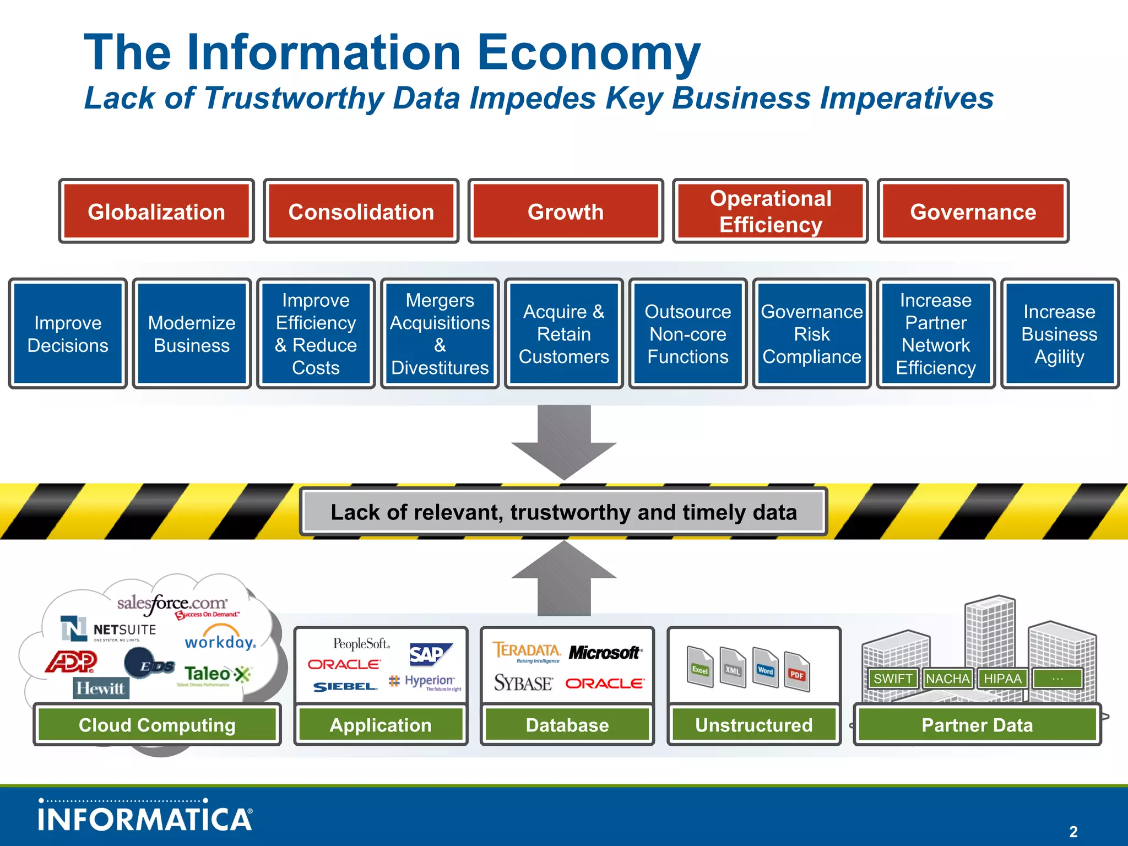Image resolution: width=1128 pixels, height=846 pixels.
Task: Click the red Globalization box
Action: click(156, 211)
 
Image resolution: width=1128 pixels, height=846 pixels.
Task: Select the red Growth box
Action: click(566, 211)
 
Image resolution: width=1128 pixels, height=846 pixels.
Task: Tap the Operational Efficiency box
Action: click(770, 211)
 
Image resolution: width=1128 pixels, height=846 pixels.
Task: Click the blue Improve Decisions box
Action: click(68, 334)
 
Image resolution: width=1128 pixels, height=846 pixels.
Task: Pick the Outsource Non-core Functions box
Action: click(687, 334)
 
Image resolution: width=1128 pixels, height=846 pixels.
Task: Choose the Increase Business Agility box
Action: click(1059, 334)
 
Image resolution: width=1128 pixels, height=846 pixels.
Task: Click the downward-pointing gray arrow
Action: click(564, 441)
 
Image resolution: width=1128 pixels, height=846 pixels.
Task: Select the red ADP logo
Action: click(72, 661)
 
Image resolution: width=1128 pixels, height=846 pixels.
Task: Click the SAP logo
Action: click(430, 654)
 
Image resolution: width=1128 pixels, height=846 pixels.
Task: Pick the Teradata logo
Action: click(527, 652)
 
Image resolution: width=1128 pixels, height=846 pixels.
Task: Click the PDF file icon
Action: click(796, 672)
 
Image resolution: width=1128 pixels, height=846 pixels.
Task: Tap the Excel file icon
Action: click(700, 668)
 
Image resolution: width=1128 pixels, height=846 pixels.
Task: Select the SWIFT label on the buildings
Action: click(893, 679)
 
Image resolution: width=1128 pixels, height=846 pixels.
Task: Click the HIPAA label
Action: click(1002, 679)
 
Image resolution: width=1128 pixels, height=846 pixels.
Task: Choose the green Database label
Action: click(567, 725)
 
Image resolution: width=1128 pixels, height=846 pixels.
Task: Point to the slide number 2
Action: click(1073, 831)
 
